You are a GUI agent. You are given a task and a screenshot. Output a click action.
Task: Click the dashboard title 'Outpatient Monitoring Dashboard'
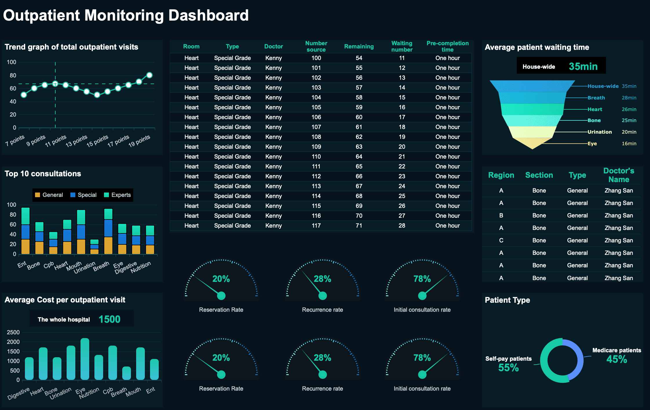click(x=126, y=15)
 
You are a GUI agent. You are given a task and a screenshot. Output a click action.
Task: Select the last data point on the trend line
click(x=149, y=75)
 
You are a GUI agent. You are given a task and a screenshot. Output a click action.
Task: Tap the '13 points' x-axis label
click(x=76, y=141)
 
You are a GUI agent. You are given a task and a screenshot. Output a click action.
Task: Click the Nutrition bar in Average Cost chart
click(x=99, y=368)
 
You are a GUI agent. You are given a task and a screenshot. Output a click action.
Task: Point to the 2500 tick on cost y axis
click(x=13, y=332)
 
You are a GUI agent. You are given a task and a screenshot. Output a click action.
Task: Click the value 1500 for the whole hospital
click(x=109, y=319)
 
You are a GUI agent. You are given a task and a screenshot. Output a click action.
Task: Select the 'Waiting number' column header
click(x=402, y=46)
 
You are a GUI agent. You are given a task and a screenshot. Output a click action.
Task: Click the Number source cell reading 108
click(x=316, y=137)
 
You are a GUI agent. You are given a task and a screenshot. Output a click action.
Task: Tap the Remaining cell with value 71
click(x=359, y=226)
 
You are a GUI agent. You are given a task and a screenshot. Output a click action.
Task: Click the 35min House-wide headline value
click(x=583, y=66)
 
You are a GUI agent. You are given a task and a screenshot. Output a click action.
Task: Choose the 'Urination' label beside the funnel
click(x=600, y=132)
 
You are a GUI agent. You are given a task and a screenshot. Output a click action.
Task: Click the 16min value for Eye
click(x=629, y=144)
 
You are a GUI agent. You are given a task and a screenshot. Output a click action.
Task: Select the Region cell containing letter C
click(x=501, y=240)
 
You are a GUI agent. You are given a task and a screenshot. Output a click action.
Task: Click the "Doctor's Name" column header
click(x=618, y=175)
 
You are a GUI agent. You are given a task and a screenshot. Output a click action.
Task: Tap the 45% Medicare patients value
click(x=616, y=359)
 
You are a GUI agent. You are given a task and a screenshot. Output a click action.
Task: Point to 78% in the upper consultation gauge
click(x=422, y=279)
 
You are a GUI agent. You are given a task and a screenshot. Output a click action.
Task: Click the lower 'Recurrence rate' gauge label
click(x=322, y=389)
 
